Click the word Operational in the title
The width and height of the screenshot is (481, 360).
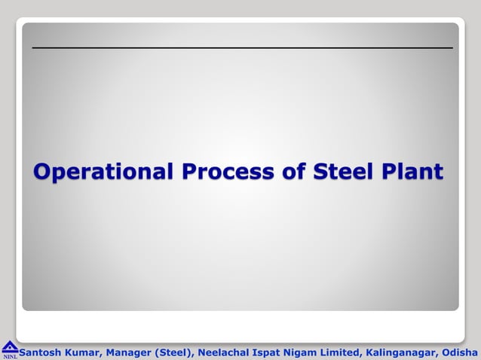click(103, 172)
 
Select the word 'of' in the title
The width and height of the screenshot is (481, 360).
click(293, 172)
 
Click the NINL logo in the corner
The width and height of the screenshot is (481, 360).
click(10, 349)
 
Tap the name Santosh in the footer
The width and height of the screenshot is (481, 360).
click(41, 351)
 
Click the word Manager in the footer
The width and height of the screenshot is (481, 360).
click(130, 351)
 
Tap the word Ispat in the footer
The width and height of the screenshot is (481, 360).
click(272, 351)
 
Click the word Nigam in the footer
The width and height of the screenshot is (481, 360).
click(308, 351)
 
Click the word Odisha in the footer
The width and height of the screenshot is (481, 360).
click(460, 351)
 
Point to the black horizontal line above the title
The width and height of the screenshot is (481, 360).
click(242, 48)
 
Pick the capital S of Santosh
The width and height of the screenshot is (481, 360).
click(23, 351)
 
